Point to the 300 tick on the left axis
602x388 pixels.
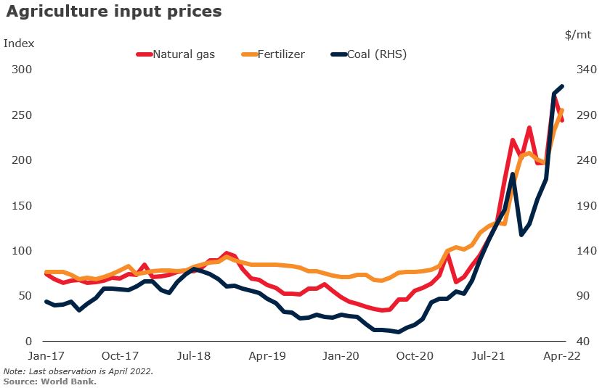(22, 70)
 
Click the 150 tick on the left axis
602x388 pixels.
(22, 205)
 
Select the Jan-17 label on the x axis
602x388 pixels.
(45, 356)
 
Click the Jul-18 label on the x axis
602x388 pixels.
(193, 356)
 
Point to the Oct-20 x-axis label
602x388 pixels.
(415, 356)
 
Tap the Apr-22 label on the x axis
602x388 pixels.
(562, 356)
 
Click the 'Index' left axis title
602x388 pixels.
(19, 43)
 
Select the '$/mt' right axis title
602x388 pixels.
(577, 34)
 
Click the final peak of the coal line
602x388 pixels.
(562, 87)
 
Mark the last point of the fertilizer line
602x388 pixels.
(562, 111)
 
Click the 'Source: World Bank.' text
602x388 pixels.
(50, 381)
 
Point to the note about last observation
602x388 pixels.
(78, 371)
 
